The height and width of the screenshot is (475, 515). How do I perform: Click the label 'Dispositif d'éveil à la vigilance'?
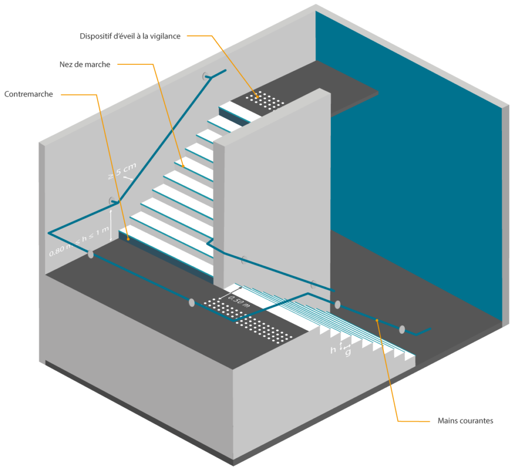tap(130, 36)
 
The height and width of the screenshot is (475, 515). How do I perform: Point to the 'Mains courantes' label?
tap(465, 420)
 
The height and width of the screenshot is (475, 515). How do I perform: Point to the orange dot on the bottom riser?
tap(129, 239)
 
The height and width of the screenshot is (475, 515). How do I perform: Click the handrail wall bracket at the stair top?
tap(206, 76)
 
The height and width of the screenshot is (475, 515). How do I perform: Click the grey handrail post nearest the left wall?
tap(91, 254)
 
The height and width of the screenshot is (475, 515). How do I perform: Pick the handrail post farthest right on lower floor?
tap(402, 330)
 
